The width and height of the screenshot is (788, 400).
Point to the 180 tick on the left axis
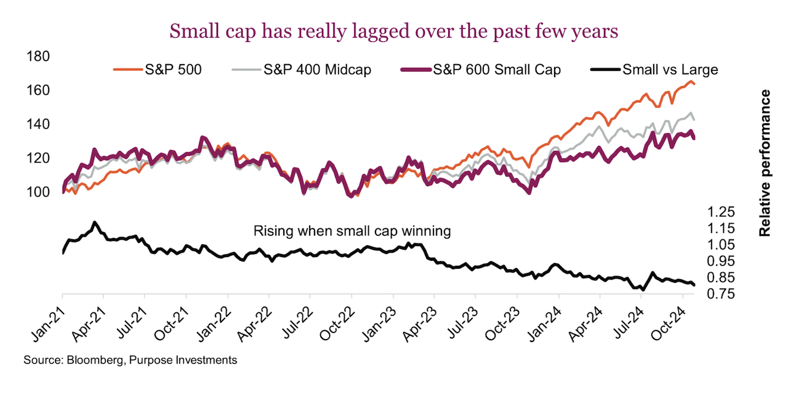click(39, 57)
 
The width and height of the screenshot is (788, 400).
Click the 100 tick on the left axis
click(39, 192)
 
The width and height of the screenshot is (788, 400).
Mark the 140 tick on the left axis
click(39, 124)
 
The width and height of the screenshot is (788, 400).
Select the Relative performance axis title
click(765, 163)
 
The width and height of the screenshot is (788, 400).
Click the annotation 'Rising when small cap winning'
click(353, 232)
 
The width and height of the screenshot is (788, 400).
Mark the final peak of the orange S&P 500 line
click(689, 81)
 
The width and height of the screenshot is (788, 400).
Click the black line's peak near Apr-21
click(94, 222)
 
